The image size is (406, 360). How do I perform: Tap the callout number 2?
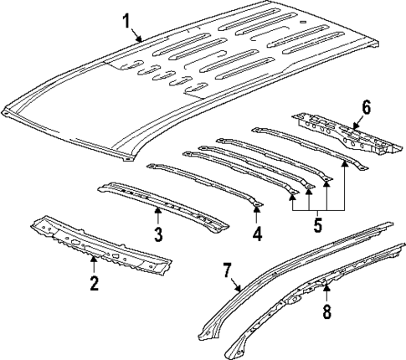pyautogui.click(x=94, y=283)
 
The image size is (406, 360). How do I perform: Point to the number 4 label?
pyautogui.click(x=257, y=234)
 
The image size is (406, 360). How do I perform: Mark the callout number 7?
pyautogui.click(x=226, y=270)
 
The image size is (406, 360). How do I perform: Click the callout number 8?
pyautogui.click(x=327, y=311)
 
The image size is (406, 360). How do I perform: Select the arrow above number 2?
pyautogui.click(x=94, y=266)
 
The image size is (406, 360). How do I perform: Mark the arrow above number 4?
pyautogui.click(x=257, y=217)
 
